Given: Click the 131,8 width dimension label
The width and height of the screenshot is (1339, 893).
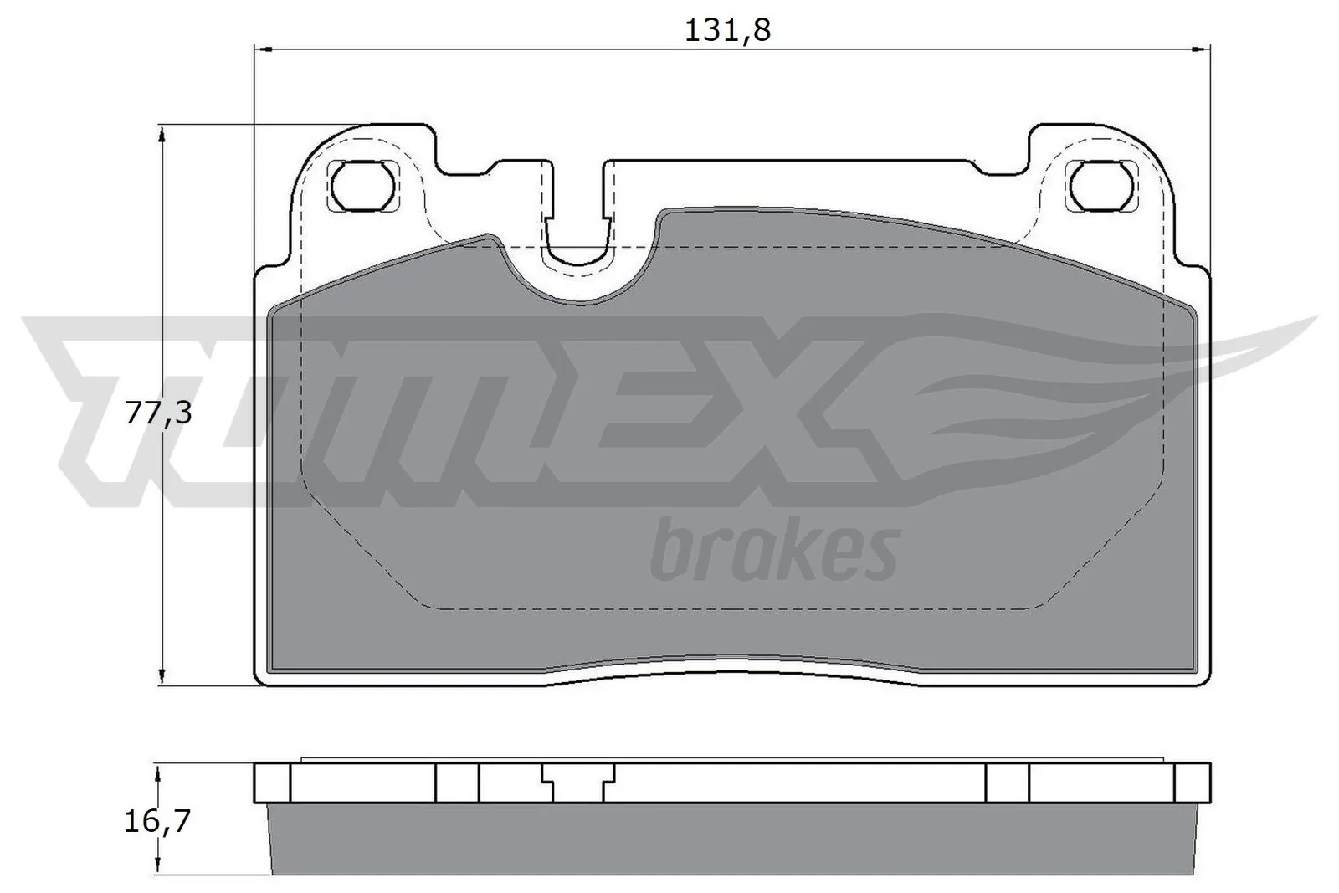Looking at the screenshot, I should pos(726,31).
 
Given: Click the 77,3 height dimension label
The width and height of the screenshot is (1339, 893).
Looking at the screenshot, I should pos(158,413).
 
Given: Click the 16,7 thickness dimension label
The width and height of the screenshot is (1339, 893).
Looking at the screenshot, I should pos(157,821).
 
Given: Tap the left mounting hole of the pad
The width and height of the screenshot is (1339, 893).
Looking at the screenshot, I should pos(362,185).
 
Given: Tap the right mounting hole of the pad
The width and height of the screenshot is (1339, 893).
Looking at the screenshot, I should pos(1102,185).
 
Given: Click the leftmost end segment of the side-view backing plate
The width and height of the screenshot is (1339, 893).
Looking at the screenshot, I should pos(272,783).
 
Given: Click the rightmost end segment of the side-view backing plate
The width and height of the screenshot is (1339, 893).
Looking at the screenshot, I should pos(1193,783).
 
